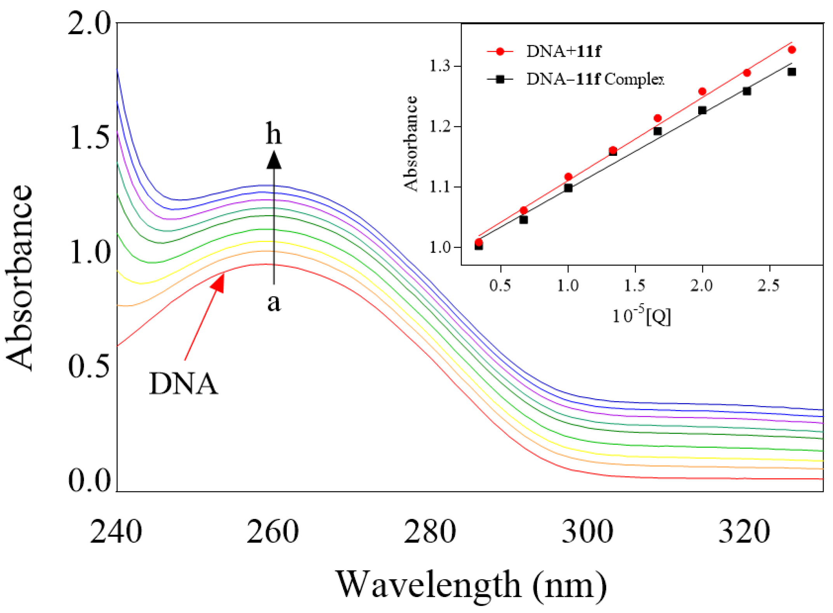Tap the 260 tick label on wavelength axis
pos(273,532)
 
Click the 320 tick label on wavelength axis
pos(744,532)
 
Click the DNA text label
pos(183,384)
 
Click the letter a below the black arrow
pos(274,302)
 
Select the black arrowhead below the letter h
pos(274,161)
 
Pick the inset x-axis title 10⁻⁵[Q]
pos(641,316)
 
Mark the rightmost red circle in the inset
pos(792,50)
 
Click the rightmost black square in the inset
pos(792,72)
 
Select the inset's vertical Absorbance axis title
pos(411,144)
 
